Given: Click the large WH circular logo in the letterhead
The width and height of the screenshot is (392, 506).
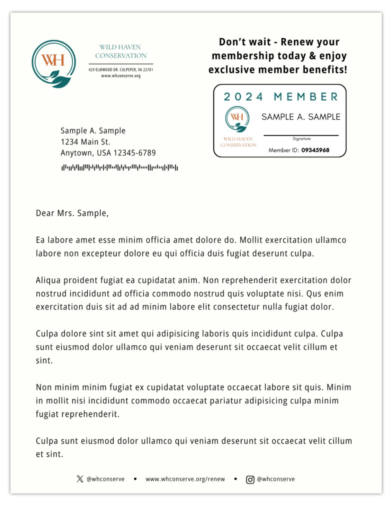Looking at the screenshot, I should tap(54, 64).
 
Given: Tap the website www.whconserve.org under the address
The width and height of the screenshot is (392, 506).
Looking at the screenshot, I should tap(121, 76).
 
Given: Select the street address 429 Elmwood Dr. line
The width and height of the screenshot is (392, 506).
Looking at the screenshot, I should tap(121, 70).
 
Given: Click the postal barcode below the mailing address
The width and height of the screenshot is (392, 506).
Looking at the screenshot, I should tap(119, 167).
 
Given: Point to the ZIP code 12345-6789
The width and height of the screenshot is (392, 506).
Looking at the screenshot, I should tap(134, 153).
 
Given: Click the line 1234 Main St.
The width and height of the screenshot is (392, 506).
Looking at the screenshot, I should tap(85, 142).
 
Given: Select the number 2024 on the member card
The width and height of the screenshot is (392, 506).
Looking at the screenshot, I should tap(243, 97).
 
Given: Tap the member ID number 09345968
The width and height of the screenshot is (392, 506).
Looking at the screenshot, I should tap(315, 150).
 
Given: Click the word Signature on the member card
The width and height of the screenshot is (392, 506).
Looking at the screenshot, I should tap(302, 139).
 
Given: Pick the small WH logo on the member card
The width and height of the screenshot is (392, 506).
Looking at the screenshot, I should tap(237, 119).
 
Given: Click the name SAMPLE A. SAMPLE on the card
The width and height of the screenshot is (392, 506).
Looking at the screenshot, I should tap(301, 117).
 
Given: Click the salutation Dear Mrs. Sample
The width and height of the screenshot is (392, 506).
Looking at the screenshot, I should tap(72, 213).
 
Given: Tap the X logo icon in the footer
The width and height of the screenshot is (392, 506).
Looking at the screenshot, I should tap(80, 479).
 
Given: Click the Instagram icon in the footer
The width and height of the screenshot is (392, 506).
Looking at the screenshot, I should tap(250, 480).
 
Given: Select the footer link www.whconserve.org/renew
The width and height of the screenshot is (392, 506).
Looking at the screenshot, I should tap(185, 479).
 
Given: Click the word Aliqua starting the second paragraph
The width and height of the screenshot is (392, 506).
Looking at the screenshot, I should tap(48, 280).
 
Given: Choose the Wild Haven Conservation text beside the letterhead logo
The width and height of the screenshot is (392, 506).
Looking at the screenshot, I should tap(121, 51).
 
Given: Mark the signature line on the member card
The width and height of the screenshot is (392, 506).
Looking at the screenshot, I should tap(301, 135).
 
